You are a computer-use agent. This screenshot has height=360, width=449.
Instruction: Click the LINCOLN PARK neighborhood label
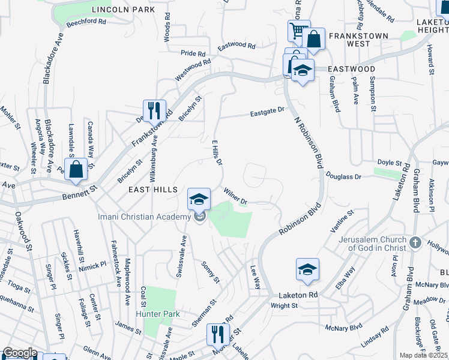tap(123, 10)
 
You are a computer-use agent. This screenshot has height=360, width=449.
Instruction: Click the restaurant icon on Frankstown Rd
tap(154, 111)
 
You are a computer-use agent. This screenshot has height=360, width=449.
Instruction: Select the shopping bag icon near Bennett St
tap(77, 170)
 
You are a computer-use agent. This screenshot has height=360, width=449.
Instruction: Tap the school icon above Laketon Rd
tap(307, 269)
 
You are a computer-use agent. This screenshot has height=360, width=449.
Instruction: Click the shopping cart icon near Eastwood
tap(298, 31)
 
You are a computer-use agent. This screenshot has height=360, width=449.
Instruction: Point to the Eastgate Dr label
tap(267, 112)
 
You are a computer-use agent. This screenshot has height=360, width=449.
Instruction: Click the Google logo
tap(20, 353)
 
